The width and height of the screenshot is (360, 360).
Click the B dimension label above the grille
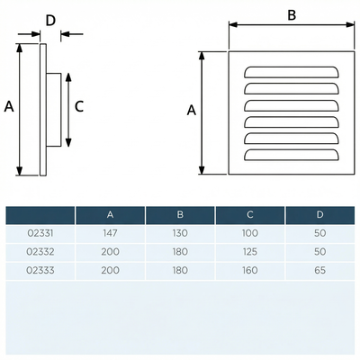[292, 15]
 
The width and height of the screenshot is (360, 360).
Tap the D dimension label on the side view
[50, 21]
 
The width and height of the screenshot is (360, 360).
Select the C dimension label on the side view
[79, 106]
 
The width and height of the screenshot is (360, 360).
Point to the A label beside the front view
[192, 110]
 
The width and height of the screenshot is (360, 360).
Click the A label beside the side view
[9, 106]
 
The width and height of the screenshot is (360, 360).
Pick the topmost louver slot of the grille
[292, 72]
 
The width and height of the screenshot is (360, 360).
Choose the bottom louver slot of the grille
[292, 155]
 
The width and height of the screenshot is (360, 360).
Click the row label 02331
[40, 233]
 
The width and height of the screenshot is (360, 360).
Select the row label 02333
[40, 270]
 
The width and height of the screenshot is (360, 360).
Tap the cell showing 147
[110, 233]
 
